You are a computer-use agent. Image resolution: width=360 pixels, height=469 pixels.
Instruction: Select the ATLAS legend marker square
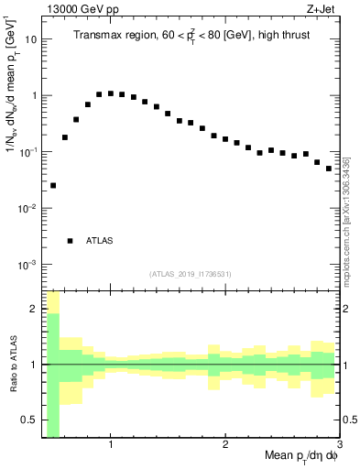point(70,241)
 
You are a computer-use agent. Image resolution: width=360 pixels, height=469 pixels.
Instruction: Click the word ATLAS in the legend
point(100,241)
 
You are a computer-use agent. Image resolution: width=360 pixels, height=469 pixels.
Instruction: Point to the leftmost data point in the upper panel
point(53,185)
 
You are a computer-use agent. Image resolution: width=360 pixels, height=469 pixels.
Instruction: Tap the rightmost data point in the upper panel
point(329,169)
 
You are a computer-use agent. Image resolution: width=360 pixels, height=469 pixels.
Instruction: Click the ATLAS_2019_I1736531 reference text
point(191,274)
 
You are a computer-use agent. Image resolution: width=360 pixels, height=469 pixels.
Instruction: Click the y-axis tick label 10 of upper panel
point(30,39)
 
